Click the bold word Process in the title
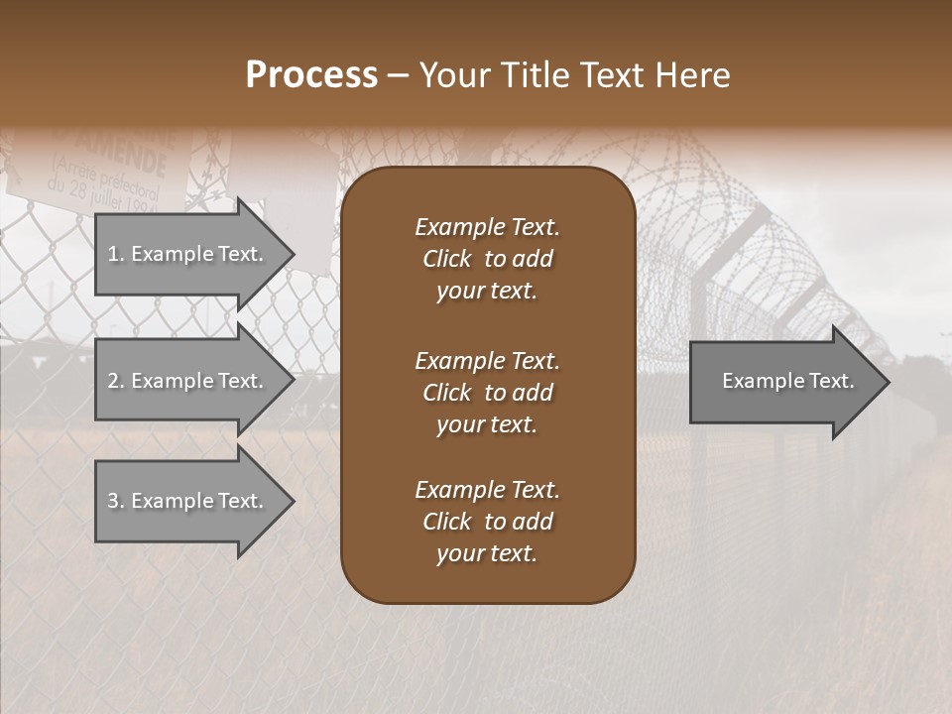(x=311, y=75)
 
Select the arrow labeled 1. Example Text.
(x=188, y=254)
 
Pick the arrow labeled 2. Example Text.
(x=188, y=381)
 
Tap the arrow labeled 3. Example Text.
(x=188, y=501)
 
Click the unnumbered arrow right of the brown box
(x=783, y=381)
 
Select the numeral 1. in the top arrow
(x=116, y=254)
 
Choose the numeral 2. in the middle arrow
(x=116, y=381)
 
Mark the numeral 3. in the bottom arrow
(x=116, y=501)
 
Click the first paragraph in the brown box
(x=487, y=259)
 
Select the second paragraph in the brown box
(x=487, y=392)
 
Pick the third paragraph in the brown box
(x=487, y=522)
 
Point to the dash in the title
(x=399, y=75)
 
